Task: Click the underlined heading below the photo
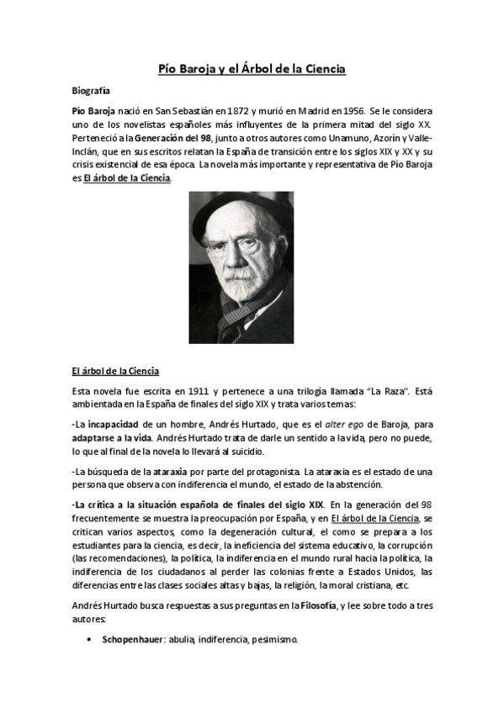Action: pos(114,371)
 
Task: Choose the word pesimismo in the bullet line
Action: pos(273,640)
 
